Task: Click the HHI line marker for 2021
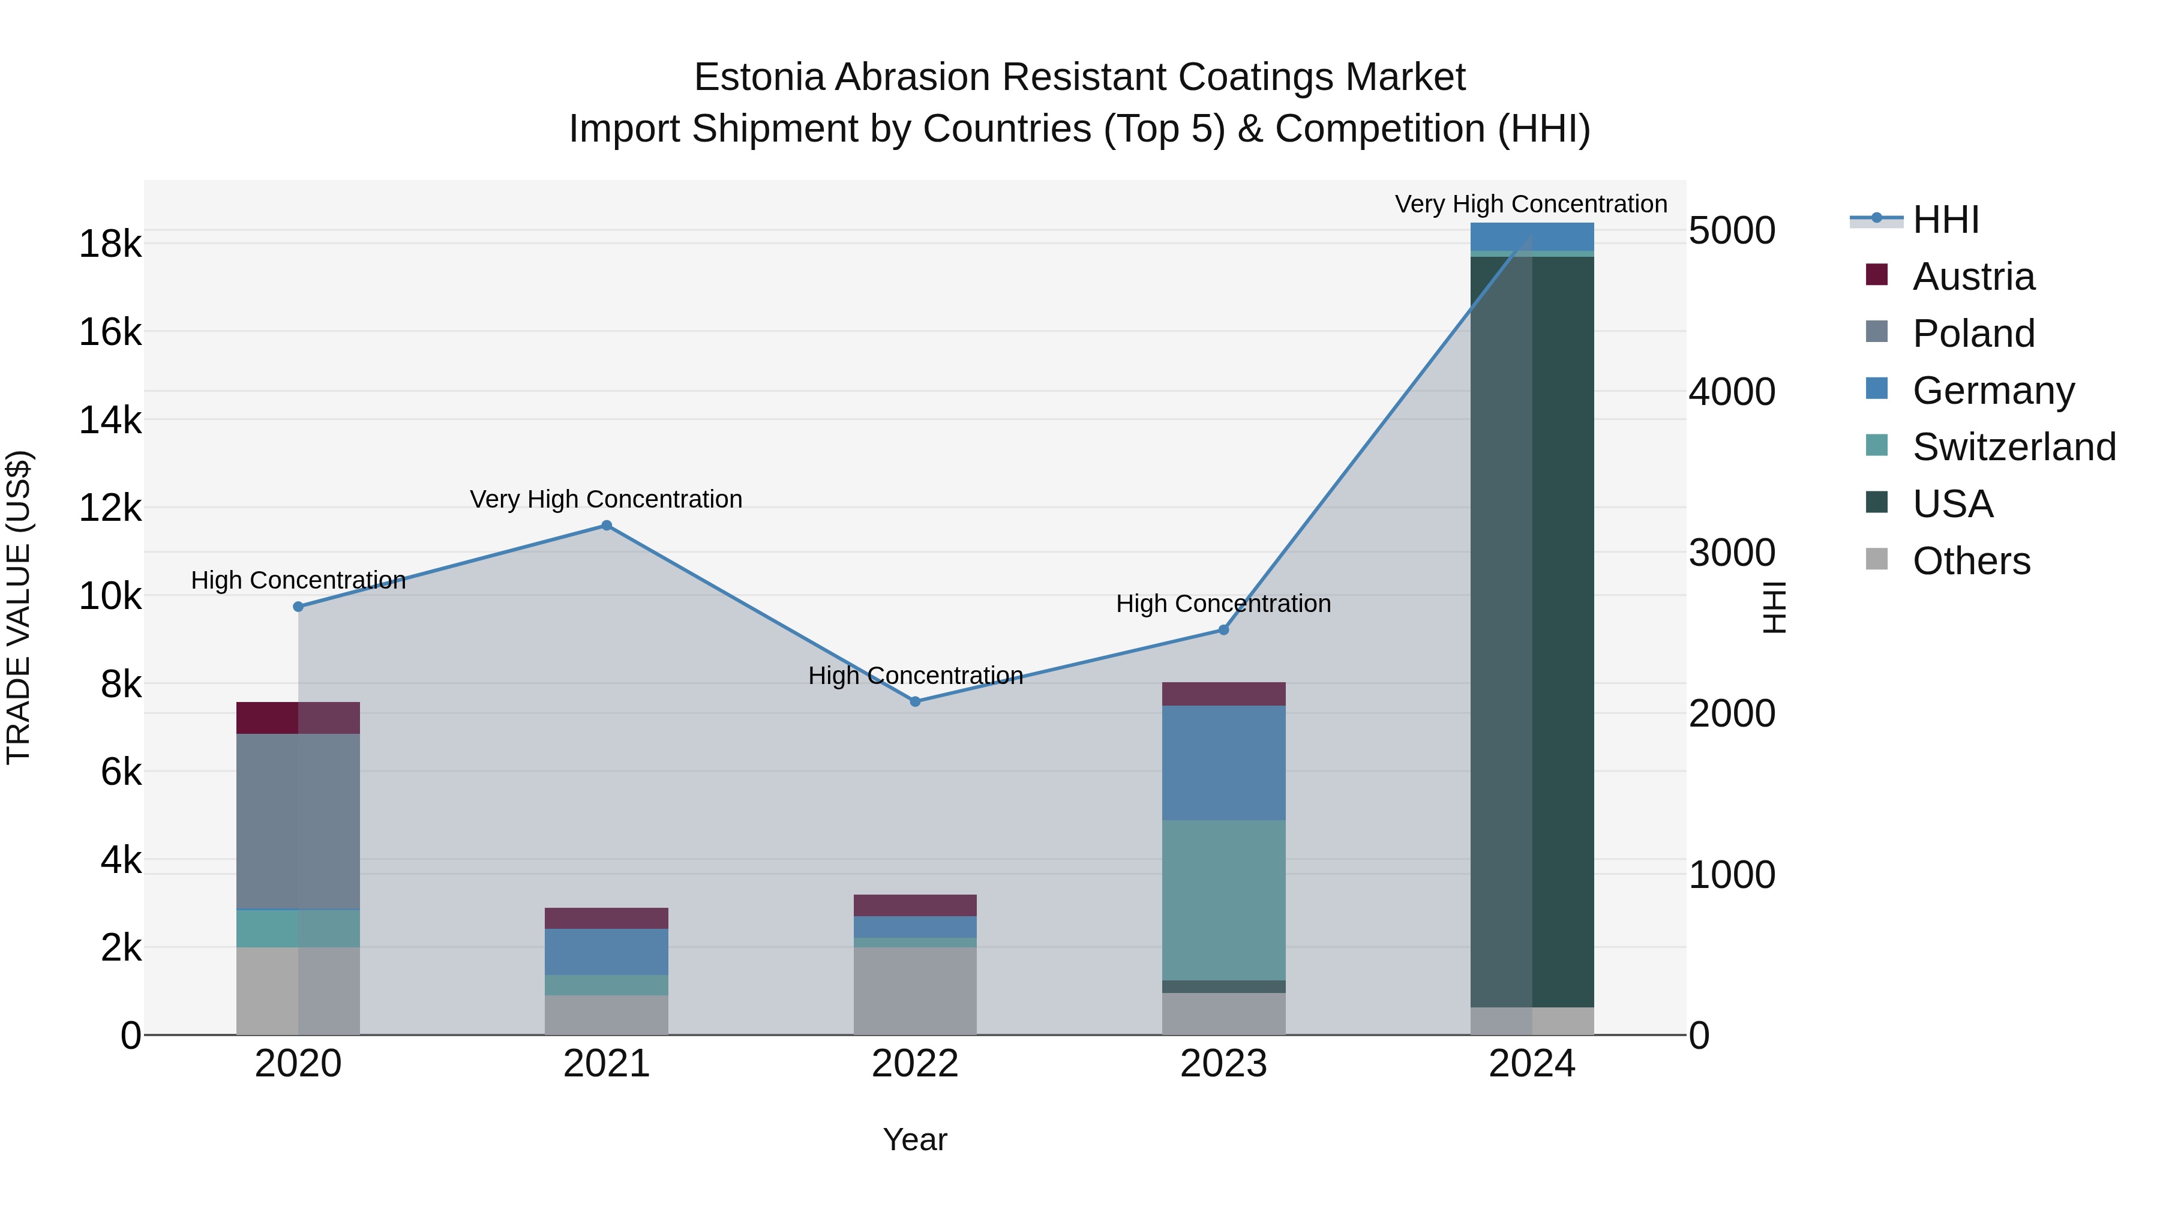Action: pyautogui.click(x=606, y=526)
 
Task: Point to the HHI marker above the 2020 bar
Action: pyautogui.click(x=299, y=606)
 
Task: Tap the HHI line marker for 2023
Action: pyautogui.click(x=1223, y=630)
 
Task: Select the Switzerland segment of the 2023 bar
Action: pyautogui.click(x=1223, y=900)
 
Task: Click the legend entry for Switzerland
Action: pyautogui.click(x=2013, y=447)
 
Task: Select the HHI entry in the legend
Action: pyautogui.click(x=1945, y=220)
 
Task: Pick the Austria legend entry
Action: pyautogui.click(x=1973, y=277)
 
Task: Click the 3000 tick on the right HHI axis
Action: pyautogui.click(x=1732, y=553)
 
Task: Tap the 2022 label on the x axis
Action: pyautogui.click(x=915, y=1064)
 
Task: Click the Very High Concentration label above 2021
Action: pyautogui.click(x=605, y=499)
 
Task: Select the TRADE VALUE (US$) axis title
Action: pyautogui.click(x=19, y=607)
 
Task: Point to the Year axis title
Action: pyautogui.click(x=915, y=1139)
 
